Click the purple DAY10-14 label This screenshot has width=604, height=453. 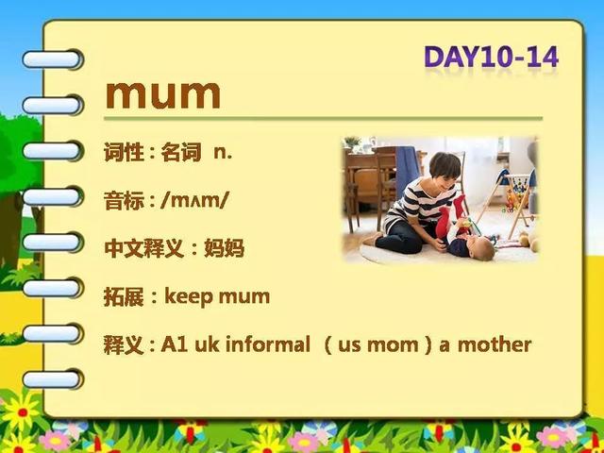[x=491, y=58]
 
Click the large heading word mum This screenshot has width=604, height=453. [x=163, y=94]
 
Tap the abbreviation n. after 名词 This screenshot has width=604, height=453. [x=223, y=153]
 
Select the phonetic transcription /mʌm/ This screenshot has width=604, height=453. [x=195, y=201]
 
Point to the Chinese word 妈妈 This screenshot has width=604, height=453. [x=225, y=248]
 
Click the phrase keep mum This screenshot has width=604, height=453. [x=217, y=297]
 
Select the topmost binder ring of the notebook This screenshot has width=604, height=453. [x=53, y=59]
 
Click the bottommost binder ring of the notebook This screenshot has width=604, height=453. [x=53, y=379]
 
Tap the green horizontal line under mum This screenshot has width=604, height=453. [x=323, y=119]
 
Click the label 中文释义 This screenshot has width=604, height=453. [x=144, y=248]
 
